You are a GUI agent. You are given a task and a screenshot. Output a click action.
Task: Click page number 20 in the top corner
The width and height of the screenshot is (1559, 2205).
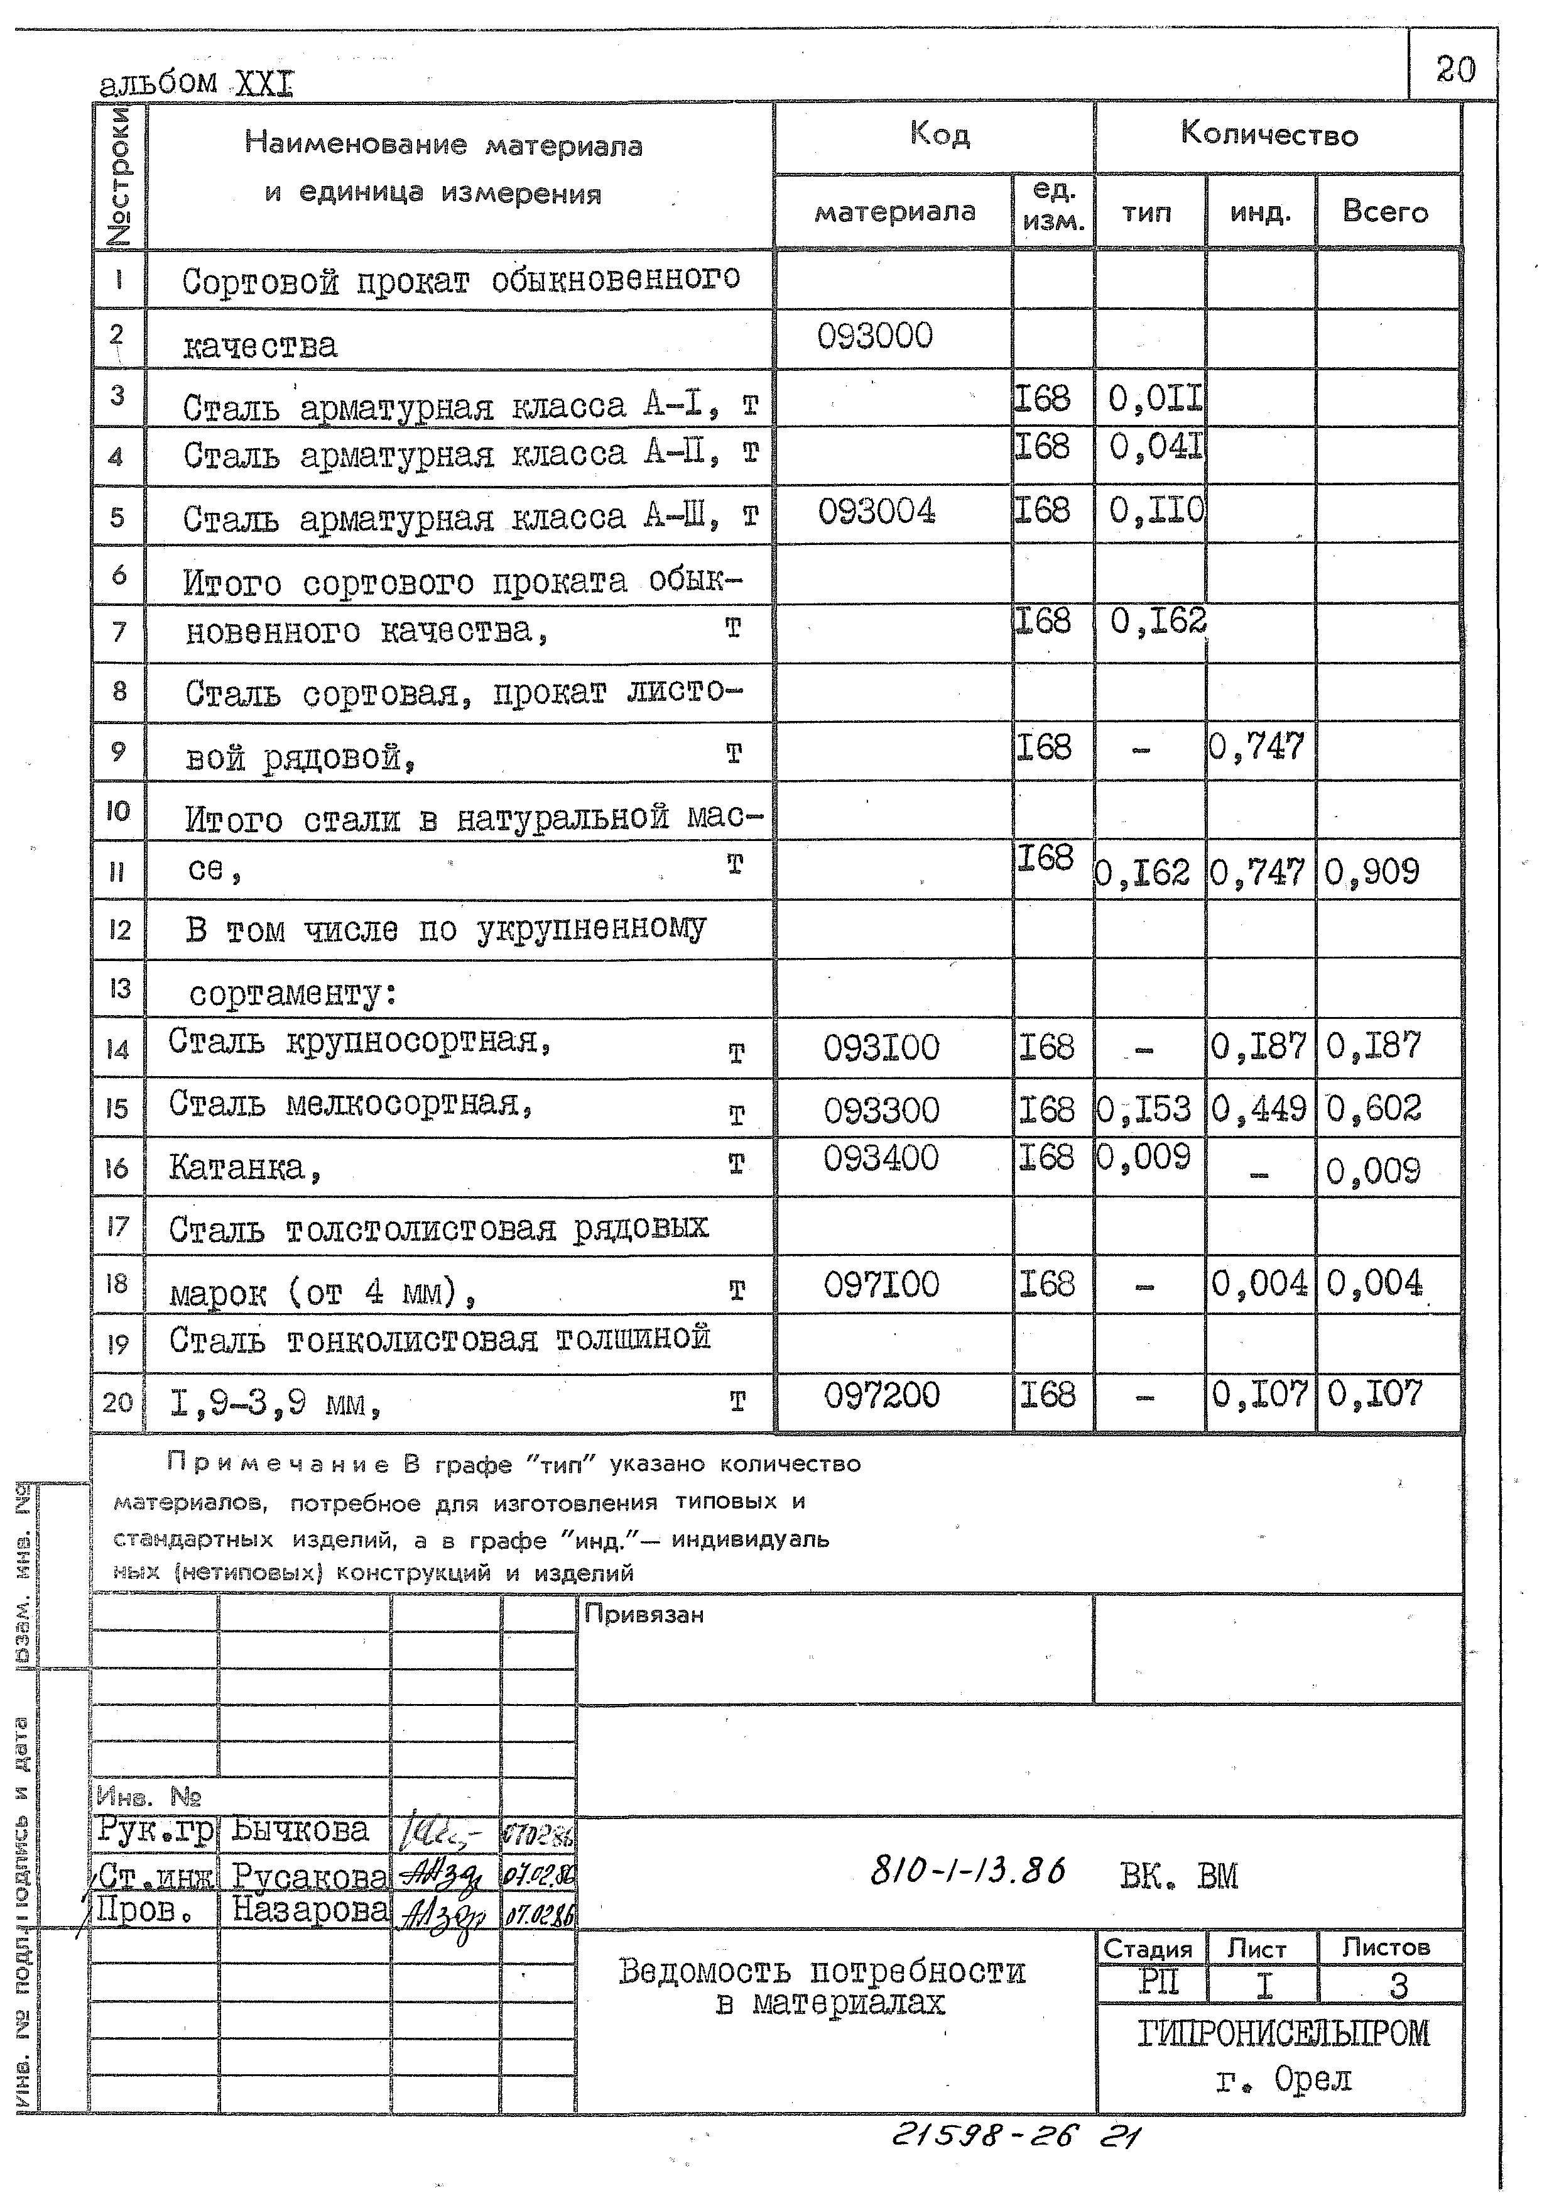coord(1454,69)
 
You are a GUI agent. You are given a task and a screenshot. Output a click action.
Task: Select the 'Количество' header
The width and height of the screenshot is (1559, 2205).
coord(1268,135)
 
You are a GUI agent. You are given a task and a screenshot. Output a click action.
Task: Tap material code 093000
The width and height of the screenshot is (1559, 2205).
coord(874,336)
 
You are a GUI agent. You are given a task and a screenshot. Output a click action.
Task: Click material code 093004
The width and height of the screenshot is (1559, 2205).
coord(876,512)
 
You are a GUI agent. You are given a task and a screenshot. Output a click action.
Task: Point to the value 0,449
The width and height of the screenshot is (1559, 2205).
coord(1258,1109)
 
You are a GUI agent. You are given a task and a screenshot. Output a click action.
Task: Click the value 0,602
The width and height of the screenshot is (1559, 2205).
coord(1373,1109)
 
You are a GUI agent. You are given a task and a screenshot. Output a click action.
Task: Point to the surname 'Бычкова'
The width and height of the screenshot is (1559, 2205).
coord(300,1830)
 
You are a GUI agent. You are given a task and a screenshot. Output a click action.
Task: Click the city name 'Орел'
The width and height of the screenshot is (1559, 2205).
coord(1312,2079)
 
